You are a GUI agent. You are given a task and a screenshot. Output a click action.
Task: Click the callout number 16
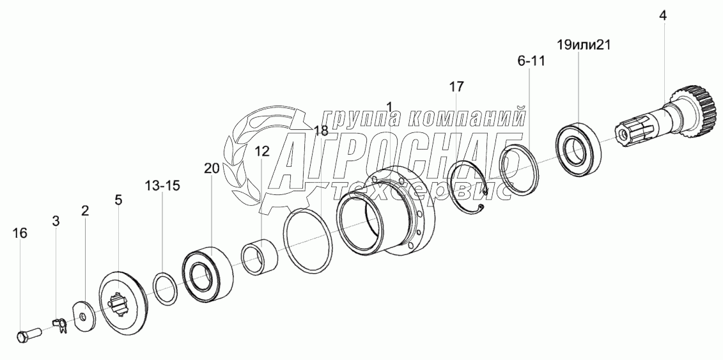pyautogui.click(x=20, y=233)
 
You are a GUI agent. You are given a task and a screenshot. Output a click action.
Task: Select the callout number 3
pyautogui.click(x=56, y=221)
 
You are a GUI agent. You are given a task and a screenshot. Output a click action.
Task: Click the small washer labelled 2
pyautogui.click(x=83, y=317)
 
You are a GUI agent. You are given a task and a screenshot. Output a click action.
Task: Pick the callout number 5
pyautogui.click(x=118, y=200)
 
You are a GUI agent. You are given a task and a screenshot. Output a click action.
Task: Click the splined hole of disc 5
pyautogui.click(x=118, y=306)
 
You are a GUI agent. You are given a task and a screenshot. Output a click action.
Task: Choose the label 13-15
pyautogui.click(x=162, y=186)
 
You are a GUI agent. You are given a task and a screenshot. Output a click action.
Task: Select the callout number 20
pyautogui.click(x=212, y=169)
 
